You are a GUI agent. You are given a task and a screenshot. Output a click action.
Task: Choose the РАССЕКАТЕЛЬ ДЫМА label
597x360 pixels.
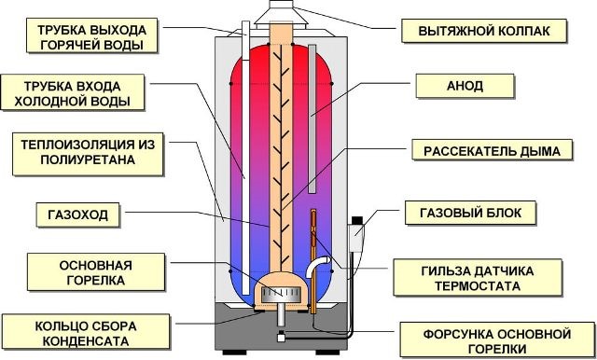[483, 150]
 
